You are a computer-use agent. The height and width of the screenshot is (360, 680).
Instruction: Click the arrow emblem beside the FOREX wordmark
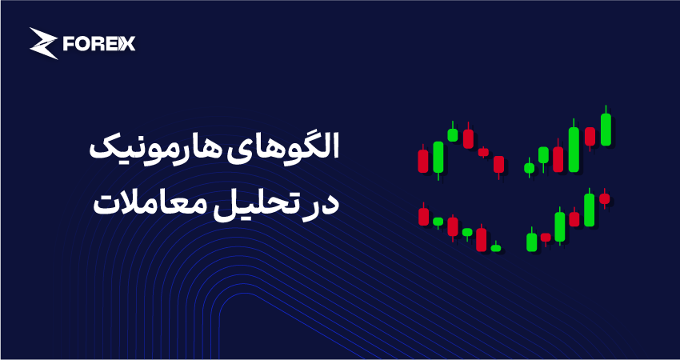(43, 43)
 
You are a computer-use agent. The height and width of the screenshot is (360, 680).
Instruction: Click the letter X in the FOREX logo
(128, 43)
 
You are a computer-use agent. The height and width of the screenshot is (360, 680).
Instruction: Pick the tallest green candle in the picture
(574, 149)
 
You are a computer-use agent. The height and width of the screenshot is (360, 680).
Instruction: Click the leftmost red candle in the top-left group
(423, 161)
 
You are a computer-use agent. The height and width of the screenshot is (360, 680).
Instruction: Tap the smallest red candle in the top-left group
(483, 152)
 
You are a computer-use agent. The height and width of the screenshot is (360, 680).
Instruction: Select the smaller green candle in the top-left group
(453, 134)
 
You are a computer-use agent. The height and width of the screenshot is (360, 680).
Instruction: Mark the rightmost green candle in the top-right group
(606, 130)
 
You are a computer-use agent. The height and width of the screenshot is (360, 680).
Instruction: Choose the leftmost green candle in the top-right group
(529, 168)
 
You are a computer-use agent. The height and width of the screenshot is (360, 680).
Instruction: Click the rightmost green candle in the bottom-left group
(496, 248)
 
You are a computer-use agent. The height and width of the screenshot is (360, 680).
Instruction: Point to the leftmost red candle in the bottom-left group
(424, 216)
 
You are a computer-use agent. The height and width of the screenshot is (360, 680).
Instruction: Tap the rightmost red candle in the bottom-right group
(605, 198)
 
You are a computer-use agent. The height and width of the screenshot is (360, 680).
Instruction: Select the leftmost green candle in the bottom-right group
(532, 241)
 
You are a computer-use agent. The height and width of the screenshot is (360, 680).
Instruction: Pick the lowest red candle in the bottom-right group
(546, 238)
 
